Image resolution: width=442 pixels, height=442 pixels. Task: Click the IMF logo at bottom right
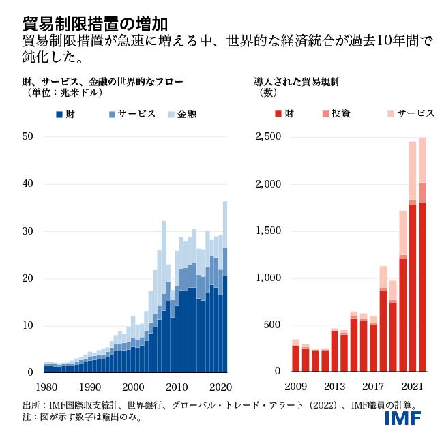point(403,418)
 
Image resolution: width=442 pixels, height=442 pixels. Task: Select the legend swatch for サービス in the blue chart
point(113,114)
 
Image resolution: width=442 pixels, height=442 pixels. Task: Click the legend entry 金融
point(186,114)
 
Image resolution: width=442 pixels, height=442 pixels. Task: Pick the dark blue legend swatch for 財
point(59,114)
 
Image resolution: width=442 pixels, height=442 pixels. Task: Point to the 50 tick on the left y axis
point(28,136)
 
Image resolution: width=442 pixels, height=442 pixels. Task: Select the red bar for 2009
point(295,358)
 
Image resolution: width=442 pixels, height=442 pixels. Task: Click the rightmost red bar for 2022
point(422,286)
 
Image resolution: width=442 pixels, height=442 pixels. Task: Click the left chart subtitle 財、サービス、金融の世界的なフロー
point(102,82)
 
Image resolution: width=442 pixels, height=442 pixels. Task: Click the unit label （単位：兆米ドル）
point(55,93)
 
